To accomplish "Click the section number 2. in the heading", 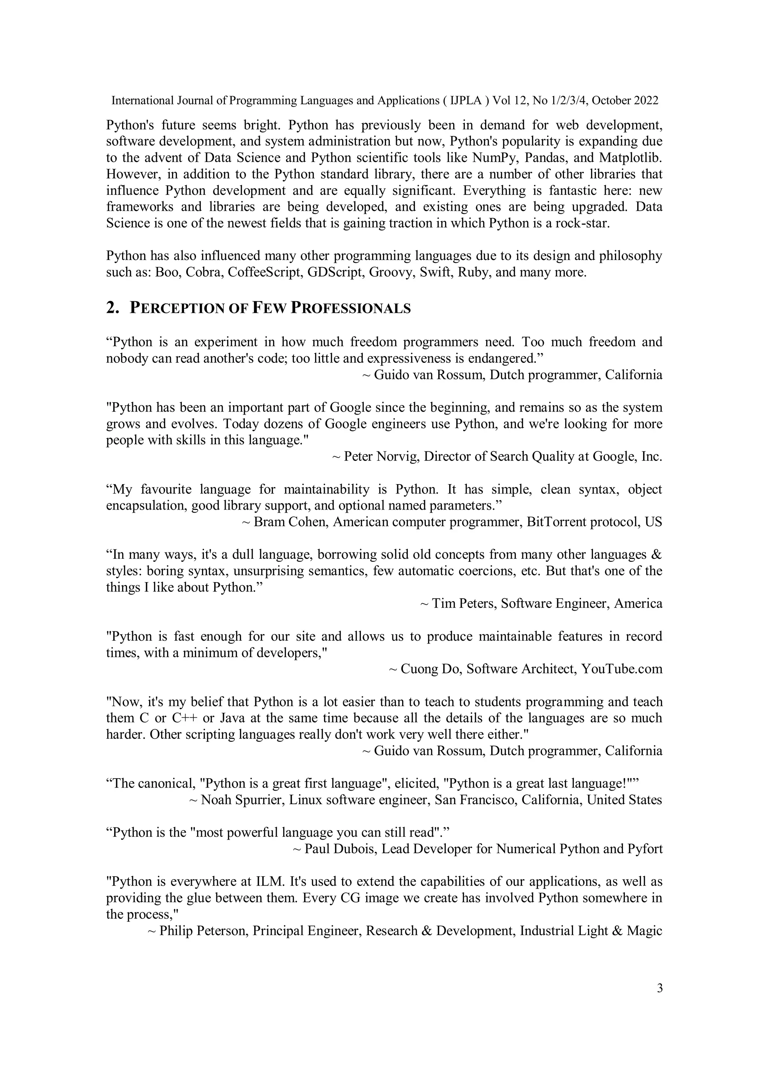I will (x=112, y=308).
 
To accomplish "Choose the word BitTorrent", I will (x=557, y=522).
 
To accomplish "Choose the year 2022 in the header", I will (x=646, y=100).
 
